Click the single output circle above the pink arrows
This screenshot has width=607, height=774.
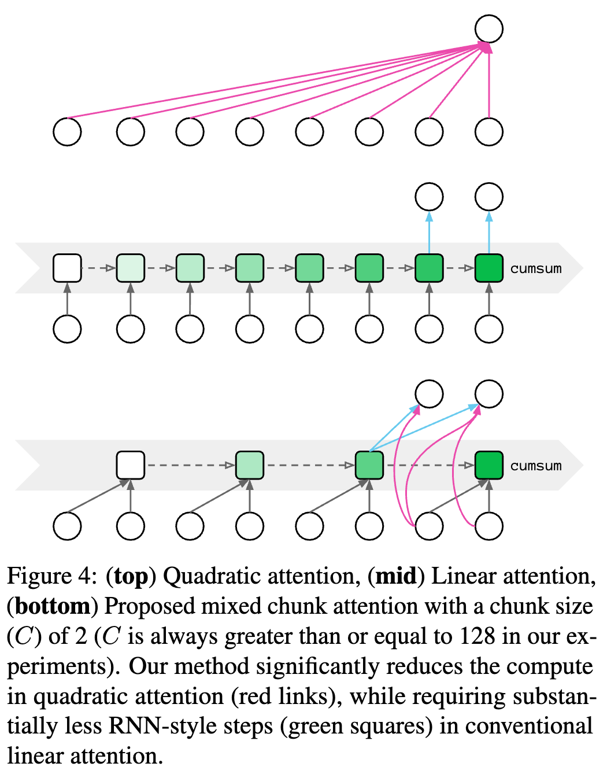click(489, 29)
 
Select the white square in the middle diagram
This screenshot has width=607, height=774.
click(67, 268)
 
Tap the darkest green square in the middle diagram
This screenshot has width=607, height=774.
click(489, 268)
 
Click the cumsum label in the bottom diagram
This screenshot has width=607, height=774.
click(536, 466)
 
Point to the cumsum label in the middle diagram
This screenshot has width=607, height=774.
click(536, 268)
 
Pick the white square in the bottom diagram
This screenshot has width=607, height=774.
click(131, 466)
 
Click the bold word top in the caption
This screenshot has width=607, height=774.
click(131, 576)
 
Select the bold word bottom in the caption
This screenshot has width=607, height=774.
click(53, 606)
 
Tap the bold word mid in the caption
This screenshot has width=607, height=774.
click(396, 576)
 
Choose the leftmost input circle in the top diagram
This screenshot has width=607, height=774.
click(67, 132)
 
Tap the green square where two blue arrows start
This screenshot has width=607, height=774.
click(369, 466)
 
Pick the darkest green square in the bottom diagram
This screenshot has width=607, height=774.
click(489, 466)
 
